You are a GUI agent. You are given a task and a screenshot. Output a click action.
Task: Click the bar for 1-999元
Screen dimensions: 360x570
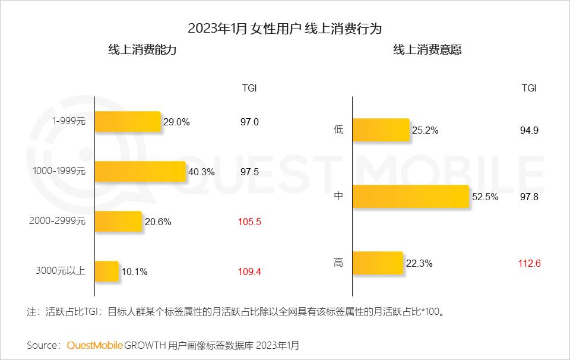coord(128,122)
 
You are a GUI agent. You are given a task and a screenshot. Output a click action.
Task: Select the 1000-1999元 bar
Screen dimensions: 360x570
coord(141,172)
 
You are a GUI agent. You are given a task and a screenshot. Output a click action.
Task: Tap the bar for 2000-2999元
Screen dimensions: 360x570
coord(118,222)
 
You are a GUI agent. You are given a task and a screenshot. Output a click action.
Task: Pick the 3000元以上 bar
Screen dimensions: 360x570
coord(107,271)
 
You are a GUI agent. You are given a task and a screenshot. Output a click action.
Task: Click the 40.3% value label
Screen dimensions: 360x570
coord(201,172)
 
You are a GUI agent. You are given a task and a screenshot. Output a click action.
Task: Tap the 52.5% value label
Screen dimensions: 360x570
coord(484,197)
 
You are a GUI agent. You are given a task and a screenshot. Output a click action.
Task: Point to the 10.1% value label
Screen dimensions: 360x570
coord(134,272)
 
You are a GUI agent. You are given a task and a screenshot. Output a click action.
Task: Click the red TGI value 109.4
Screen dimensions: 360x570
coord(249,272)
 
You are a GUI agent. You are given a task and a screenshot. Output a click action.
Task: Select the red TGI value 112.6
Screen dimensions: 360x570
coord(529,263)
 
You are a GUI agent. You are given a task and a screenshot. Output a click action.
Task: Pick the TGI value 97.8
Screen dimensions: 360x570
coord(528,197)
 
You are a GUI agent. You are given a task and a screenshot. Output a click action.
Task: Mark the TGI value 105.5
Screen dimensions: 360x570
coord(249,222)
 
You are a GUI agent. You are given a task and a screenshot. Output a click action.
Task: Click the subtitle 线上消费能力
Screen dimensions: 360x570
coord(142,50)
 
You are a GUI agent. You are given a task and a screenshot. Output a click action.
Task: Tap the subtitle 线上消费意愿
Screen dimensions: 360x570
coord(427,50)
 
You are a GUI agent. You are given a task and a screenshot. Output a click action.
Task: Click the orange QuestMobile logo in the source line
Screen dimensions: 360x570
coord(95,345)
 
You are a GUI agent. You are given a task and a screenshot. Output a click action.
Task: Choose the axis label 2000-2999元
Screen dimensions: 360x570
coord(58,222)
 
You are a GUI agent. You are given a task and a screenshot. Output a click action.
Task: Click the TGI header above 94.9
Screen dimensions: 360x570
coord(529,88)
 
